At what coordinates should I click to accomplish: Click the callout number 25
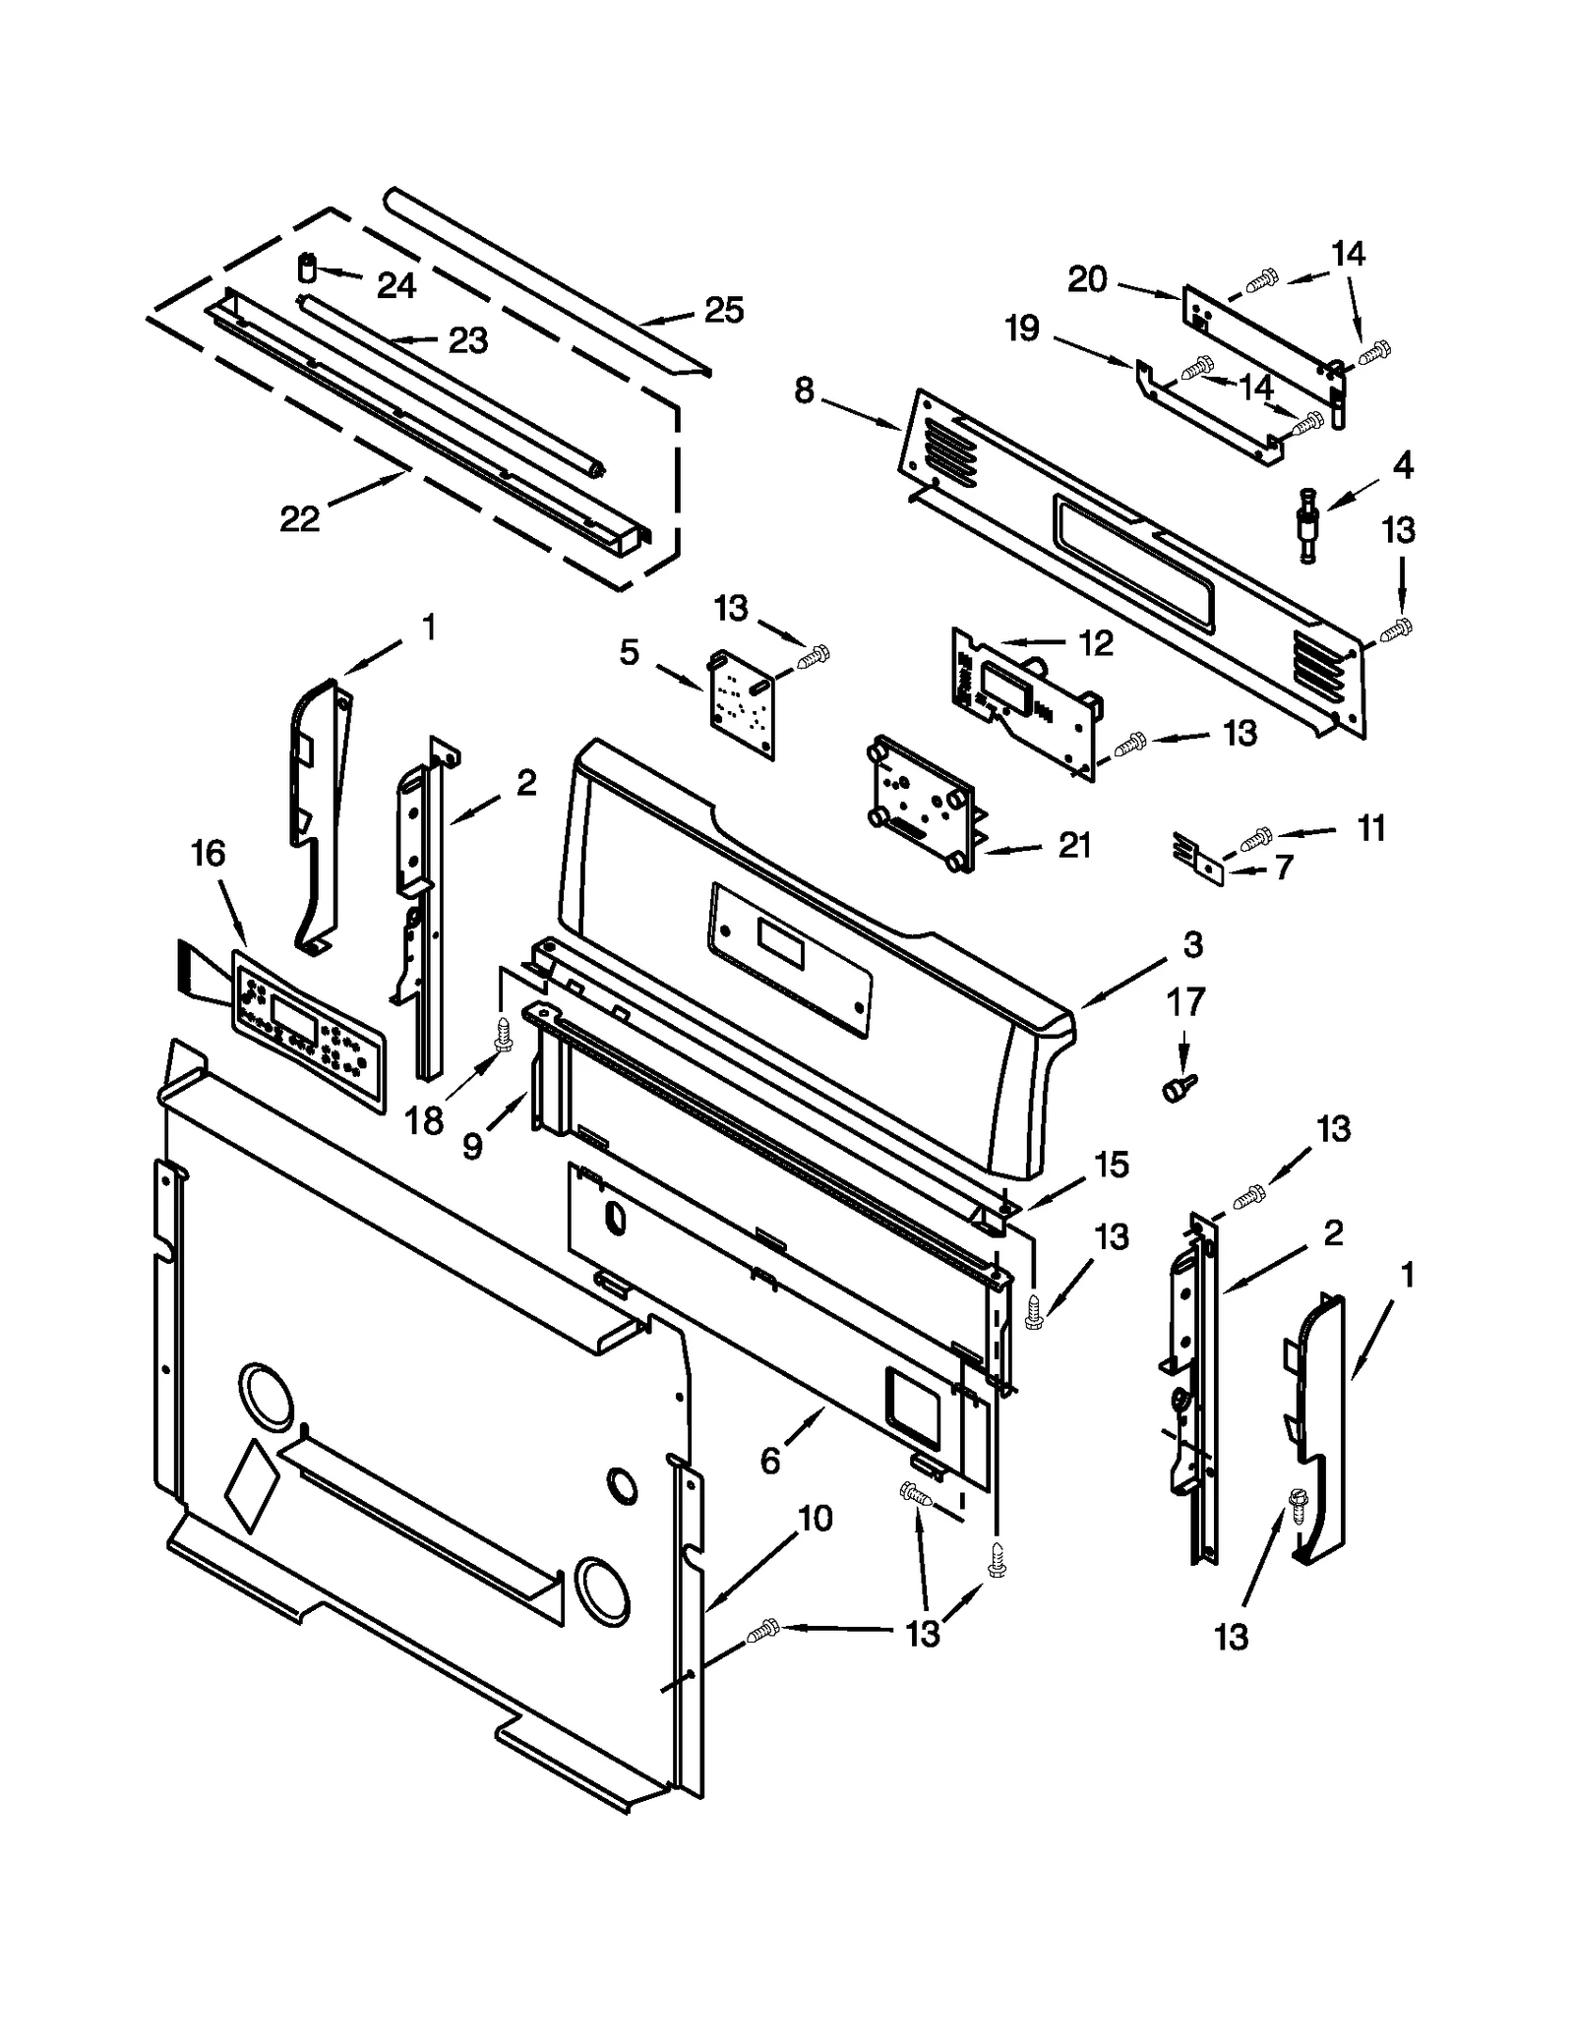pyautogui.click(x=723, y=310)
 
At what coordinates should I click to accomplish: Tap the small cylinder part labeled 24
pyautogui.click(x=308, y=268)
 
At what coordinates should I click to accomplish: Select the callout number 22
pyautogui.click(x=299, y=518)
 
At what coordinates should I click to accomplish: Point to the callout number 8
pyautogui.click(x=804, y=390)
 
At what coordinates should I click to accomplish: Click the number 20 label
pyautogui.click(x=1087, y=280)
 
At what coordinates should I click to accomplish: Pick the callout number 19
pyautogui.click(x=1022, y=328)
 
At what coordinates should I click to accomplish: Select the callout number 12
pyautogui.click(x=1095, y=643)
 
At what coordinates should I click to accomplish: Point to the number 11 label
pyautogui.click(x=1370, y=828)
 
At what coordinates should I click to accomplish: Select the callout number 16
pyautogui.click(x=209, y=854)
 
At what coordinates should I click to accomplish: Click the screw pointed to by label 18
pyautogui.click(x=503, y=1034)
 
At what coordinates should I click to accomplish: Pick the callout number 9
pyautogui.click(x=473, y=1145)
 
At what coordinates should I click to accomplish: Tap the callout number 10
pyautogui.click(x=816, y=1519)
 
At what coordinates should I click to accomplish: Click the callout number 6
pyautogui.click(x=770, y=1461)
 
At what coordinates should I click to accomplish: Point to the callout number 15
pyautogui.click(x=1112, y=1165)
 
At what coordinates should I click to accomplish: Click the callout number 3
pyautogui.click(x=1192, y=945)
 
